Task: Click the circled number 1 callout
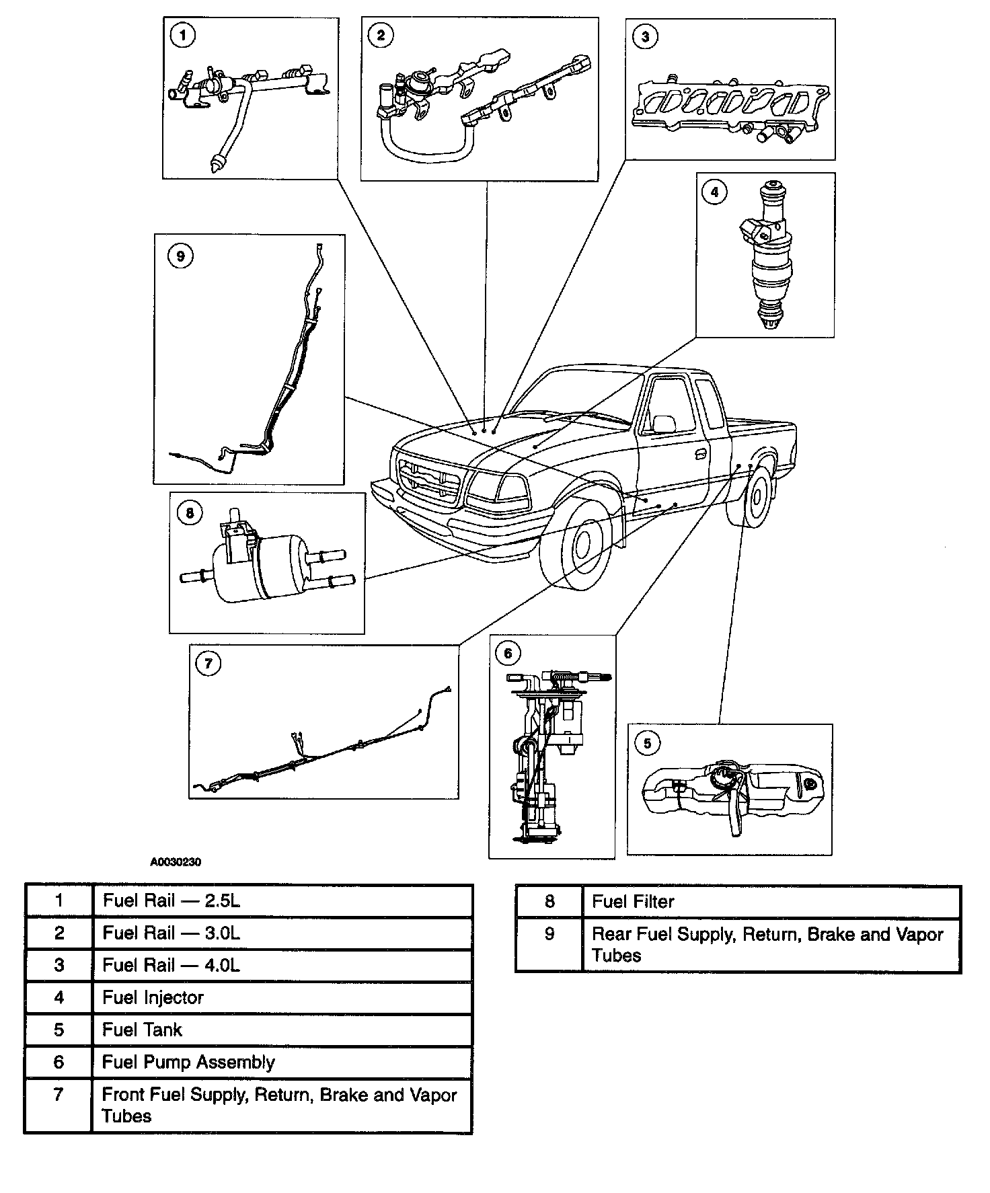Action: tap(182, 36)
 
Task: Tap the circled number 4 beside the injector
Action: tap(714, 192)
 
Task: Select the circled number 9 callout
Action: tap(180, 256)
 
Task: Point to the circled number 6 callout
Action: tap(508, 653)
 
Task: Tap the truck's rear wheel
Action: tap(757, 496)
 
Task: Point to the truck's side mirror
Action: tap(664, 424)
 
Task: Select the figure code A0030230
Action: tap(176, 861)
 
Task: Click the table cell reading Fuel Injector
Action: tap(281, 997)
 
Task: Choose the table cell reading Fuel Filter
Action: tap(771, 901)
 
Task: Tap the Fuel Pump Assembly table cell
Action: tap(281, 1062)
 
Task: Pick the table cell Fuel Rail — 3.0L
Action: tap(281, 933)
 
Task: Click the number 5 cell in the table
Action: tap(59, 1030)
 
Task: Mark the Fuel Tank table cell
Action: tap(281, 1030)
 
